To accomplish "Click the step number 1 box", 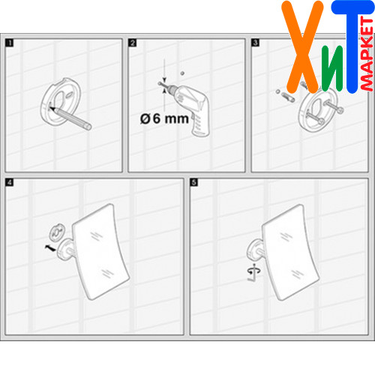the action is (x=10, y=43).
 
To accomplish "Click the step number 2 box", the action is (x=133, y=43).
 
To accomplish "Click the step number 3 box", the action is (x=256, y=43).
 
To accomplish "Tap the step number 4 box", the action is (x=10, y=182).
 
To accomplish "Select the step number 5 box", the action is (x=194, y=182).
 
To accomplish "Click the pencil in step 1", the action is (x=71, y=118).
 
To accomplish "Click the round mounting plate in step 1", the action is (x=61, y=101).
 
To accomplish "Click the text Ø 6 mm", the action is (x=164, y=118).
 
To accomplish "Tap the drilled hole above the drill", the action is (x=182, y=73).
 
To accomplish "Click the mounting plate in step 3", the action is (x=318, y=109).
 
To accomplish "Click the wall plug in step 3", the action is (x=288, y=97).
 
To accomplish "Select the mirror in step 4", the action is (x=100, y=251).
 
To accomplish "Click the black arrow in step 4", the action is (x=50, y=248).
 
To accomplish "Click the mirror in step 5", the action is (x=290, y=252).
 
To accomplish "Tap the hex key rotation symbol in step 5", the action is (x=254, y=272).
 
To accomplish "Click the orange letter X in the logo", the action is (x=302, y=46).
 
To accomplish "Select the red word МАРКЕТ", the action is (x=367, y=53).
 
